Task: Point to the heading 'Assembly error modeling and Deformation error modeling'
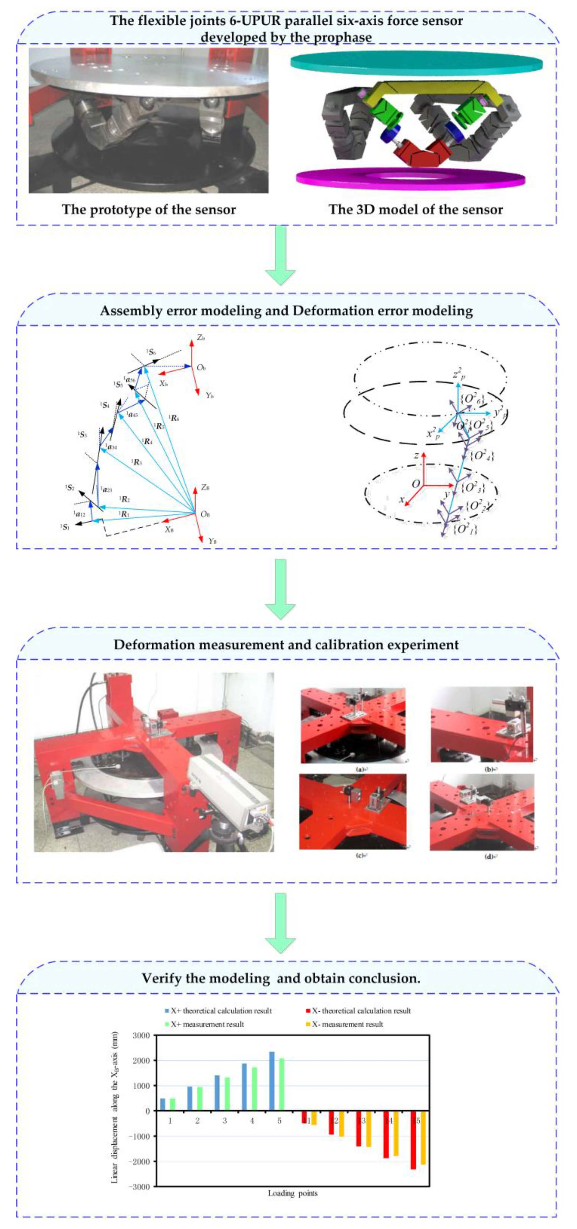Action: coord(286,311)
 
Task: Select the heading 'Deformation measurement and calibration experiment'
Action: coord(286,645)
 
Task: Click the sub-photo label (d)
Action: coord(489,856)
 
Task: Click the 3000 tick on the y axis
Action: coord(140,1035)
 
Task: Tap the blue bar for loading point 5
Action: coord(271,1080)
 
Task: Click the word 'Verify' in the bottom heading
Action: coord(162,978)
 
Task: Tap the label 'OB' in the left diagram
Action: coord(205,514)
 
